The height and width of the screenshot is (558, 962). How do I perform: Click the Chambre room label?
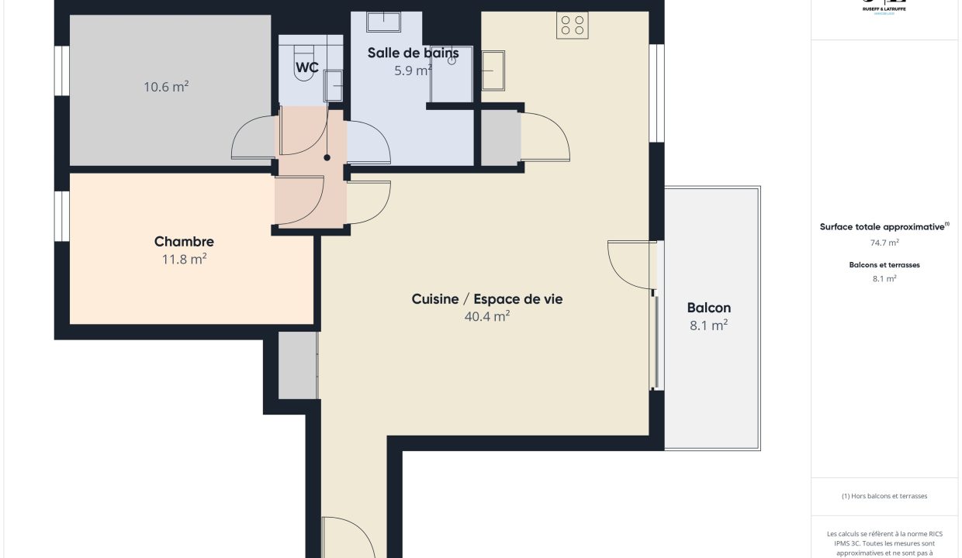click(x=184, y=242)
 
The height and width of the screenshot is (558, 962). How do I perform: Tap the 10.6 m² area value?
click(x=166, y=87)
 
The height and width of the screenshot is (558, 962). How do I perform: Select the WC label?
click(x=306, y=67)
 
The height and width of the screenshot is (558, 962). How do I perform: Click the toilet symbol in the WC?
click(x=302, y=61)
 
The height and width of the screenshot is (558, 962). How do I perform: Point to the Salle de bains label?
click(x=413, y=53)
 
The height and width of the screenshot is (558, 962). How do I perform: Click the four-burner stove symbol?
click(x=573, y=26)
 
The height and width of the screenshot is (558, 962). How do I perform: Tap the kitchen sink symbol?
click(x=493, y=71)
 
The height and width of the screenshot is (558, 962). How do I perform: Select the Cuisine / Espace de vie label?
click(x=486, y=299)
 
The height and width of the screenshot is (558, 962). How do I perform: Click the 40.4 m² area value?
click(x=486, y=316)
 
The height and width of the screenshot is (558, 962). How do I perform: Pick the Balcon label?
click(x=708, y=308)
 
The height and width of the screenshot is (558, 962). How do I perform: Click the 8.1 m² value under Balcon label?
click(x=708, y=325)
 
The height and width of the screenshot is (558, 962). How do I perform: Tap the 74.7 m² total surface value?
click(x=884, y=243)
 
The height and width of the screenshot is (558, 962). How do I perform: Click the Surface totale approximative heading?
click(x=884, y=227)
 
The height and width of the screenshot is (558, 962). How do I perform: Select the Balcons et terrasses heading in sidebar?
click(x=884, y=265)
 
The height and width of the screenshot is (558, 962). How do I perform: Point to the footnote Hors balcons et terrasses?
click(x=884, y=496)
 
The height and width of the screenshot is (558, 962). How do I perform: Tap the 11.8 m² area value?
click(x=184, y=259)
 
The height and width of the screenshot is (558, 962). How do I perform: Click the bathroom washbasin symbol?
click(x=383, y=21)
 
